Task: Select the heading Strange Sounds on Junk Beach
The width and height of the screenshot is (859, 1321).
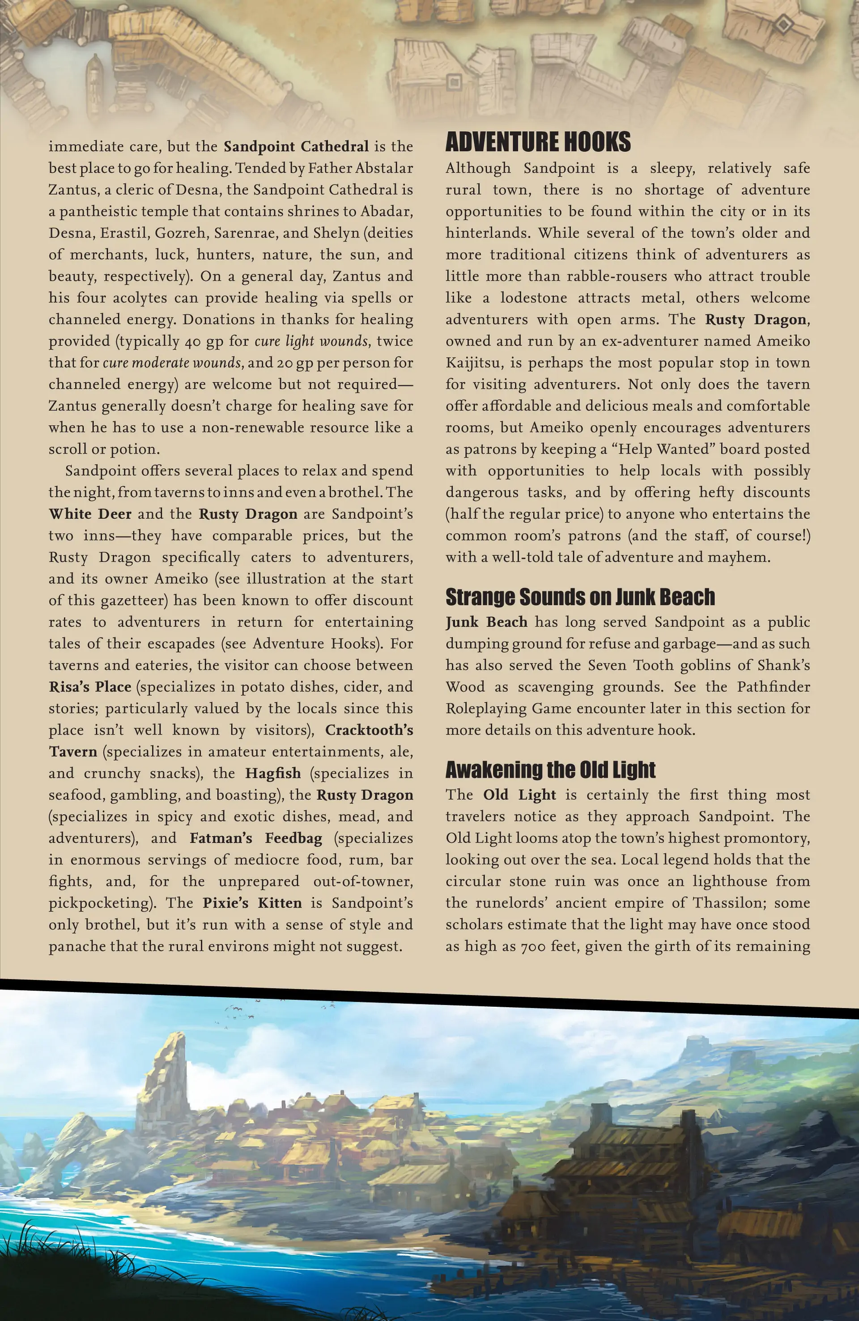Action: pos(580,597)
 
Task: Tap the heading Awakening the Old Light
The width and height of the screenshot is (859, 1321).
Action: pos(550,770)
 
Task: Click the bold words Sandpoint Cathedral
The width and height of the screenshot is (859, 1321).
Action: pos(296,146)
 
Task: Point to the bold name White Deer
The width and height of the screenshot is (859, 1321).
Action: pos(90,514)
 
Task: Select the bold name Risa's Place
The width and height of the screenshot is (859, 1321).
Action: pos(90,687)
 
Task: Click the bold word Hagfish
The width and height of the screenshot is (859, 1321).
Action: pos(273,774)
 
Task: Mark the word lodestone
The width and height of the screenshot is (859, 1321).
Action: pos(533,298)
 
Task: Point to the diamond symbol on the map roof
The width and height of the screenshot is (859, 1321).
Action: pos(782,25)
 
